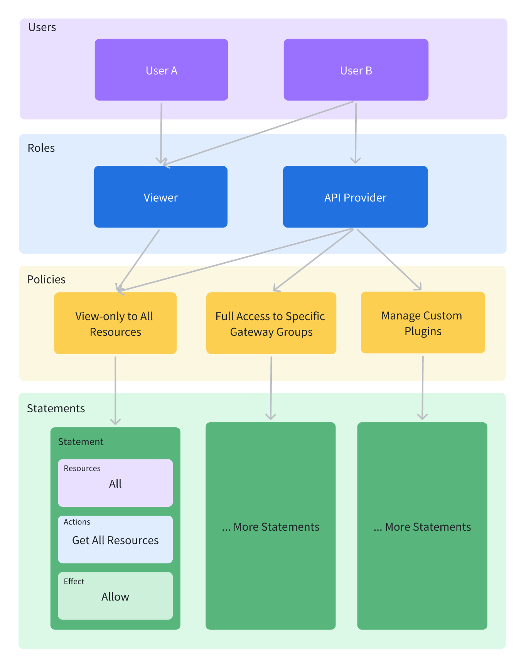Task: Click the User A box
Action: pos(161,70)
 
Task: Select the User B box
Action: pos(356,70)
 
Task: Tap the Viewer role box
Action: pos(161,197)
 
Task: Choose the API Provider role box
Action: pos(355,197)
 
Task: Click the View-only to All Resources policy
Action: pos(115,323)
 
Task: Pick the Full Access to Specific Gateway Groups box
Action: pos(271,323)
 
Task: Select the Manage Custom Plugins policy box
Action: pos(423,322)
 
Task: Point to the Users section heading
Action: pos(42,27)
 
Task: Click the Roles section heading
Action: pos(41,148)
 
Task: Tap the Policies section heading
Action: pos(46,280)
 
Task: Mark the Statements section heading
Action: pos(56,408)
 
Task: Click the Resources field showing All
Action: pos(115,483)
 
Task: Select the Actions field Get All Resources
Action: pos(115,540)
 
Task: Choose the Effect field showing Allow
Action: pos(115,596)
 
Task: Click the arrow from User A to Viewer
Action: pos(161,133)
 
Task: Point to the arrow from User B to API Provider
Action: pos(356,133)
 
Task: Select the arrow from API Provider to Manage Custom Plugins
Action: pos(389,260)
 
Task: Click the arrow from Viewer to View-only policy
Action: pos(138,260)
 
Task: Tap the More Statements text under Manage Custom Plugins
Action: pos(422,527)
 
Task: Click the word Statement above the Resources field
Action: pos(81,442)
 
